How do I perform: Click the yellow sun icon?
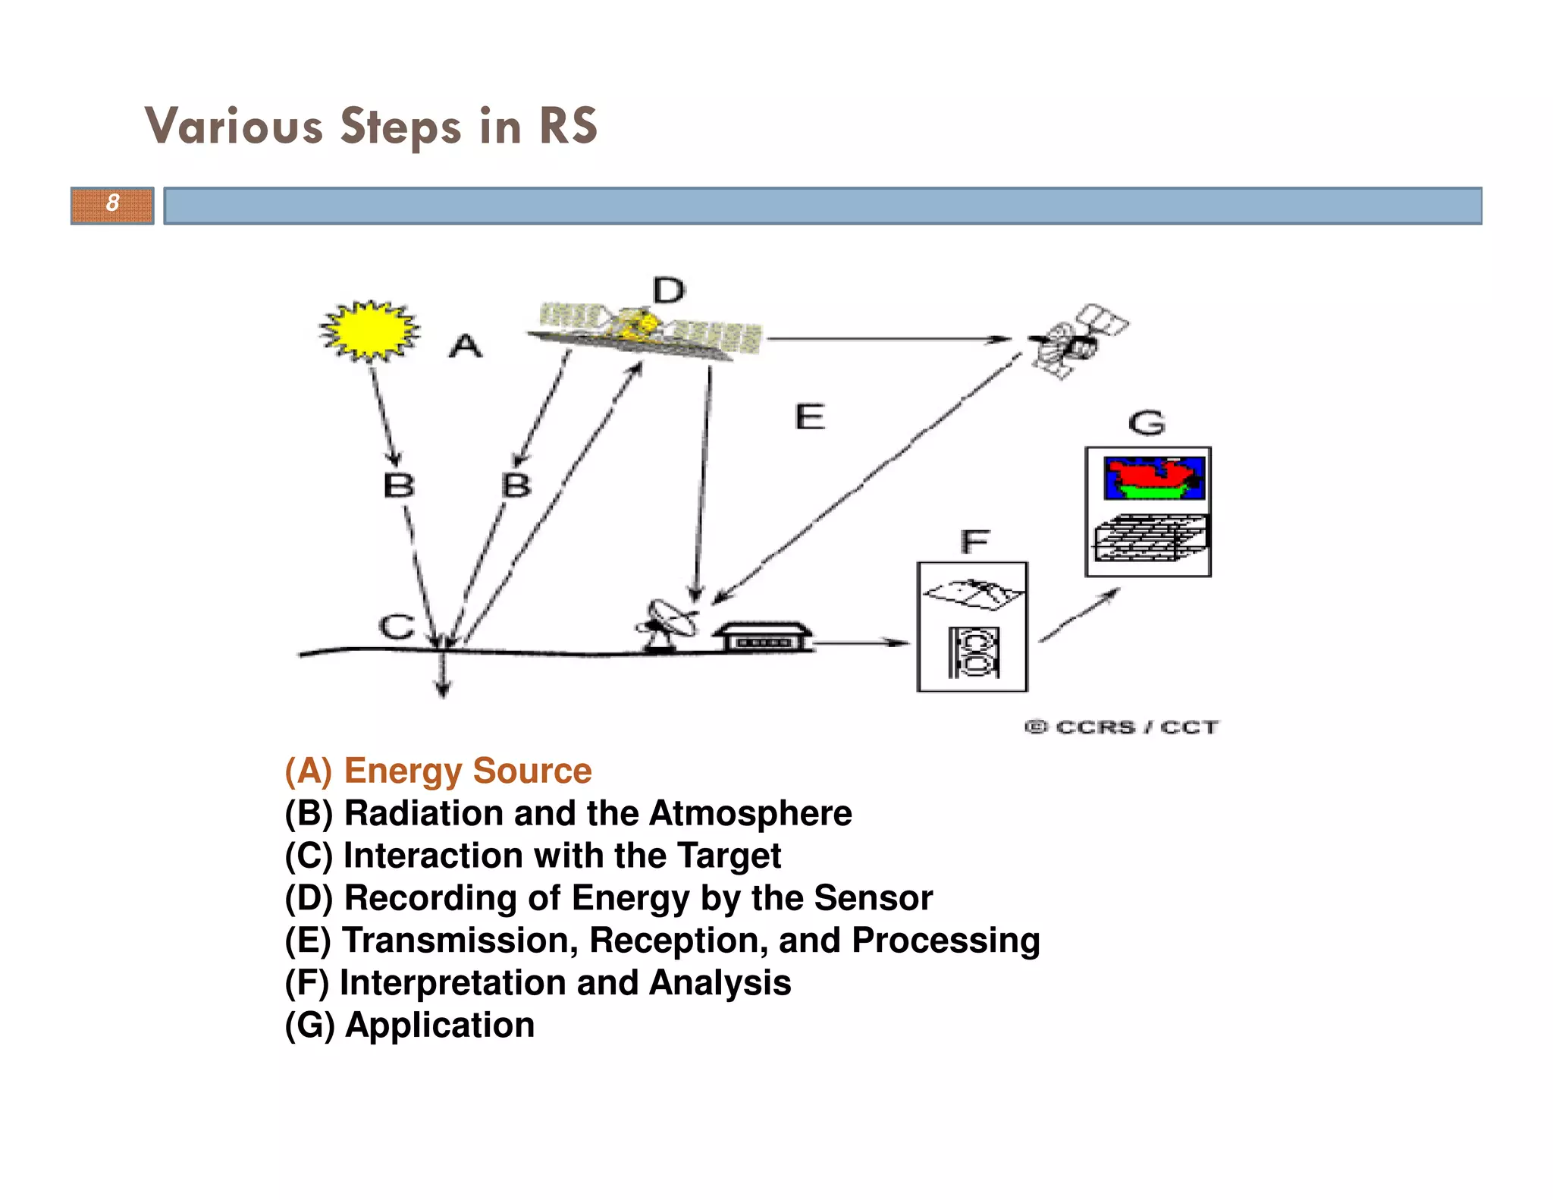click(x=369, y=331)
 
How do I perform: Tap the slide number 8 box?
click(x=112, y=205)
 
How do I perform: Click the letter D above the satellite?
click(x=668, y=291)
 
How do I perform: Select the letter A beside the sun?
click(x=465, y=347)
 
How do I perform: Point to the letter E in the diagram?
click(x=809, y=417)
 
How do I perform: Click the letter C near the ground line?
click(x=397, y=627)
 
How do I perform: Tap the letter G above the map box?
click(x=1146, y=423)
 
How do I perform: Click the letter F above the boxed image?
click(x=974, y=542)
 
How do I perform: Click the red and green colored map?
click(x=1153, y=478)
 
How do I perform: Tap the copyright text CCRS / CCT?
click(x=1122, y=727)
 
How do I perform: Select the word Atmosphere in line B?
click(x=750, y=813)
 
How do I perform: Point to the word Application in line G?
click(x=440, y=1025)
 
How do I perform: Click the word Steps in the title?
click(x=400, y=127)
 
